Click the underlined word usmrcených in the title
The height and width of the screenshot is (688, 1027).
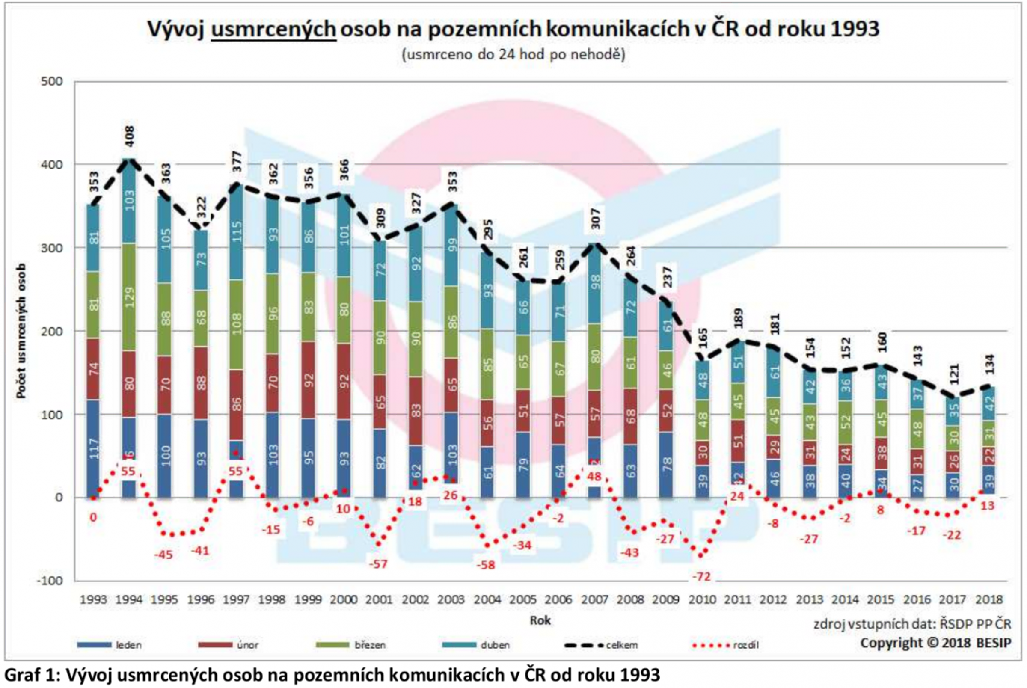[x=273, y=30]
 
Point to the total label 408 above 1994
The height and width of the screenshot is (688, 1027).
[x=129, y=136]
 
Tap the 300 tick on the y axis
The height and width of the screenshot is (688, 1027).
[x=52, y=248]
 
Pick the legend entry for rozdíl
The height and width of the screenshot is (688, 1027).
[x=725, y=645]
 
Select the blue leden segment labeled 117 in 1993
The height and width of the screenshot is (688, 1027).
[x=93, y=448]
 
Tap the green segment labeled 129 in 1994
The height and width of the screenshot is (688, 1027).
[x=129, y=297]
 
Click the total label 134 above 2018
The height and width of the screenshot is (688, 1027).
[x=989, y=364]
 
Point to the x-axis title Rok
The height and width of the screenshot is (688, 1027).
[x=540, y=620]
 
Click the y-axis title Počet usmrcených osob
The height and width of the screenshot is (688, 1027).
[x=21, y=331]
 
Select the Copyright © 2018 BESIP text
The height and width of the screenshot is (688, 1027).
[x=935, y=643]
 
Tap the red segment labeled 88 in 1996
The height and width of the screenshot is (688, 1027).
[x=201, y=383]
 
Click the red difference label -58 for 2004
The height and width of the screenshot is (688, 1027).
[x=486, y=566]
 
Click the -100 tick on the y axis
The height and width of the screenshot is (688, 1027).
[x=50, y=581]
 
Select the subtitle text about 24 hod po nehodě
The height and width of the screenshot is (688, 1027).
[x=513, y=54]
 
